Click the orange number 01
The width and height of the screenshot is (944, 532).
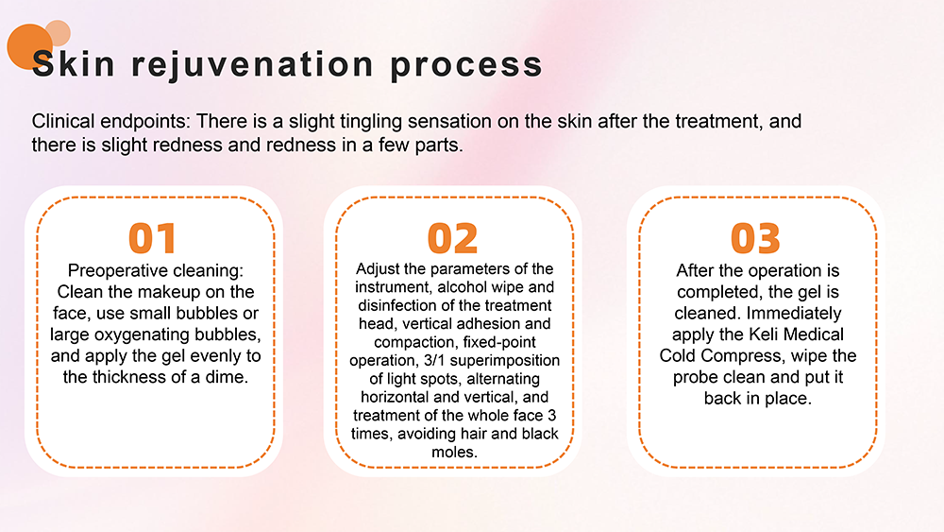pos(152,238)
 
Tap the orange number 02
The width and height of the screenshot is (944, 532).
pos(453,238)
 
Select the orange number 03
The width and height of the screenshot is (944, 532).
pos(755,238)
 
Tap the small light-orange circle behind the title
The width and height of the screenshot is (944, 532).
pos(58,32)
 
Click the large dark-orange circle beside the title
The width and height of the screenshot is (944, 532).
pos(29,46)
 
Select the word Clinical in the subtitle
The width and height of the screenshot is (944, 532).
pos(63,121)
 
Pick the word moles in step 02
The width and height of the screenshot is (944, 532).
pos(455,452)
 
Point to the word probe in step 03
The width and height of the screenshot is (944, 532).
pos(692,378)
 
